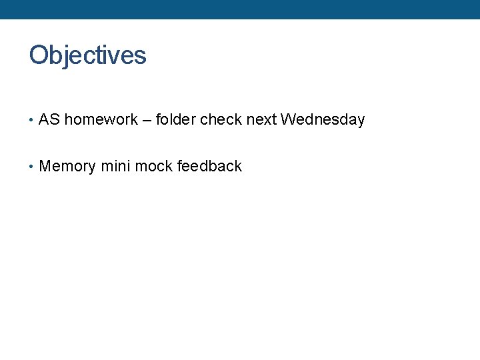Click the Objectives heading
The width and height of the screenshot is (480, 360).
(x=87, y=55)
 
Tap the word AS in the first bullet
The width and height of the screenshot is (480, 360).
(x=49, y=120)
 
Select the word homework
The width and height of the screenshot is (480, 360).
(x=101, y=120)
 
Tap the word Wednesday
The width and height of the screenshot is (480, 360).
(x=323, y=120)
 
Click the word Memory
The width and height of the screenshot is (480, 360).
(x=67, y=167)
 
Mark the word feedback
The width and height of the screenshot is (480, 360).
(x=209, y=167)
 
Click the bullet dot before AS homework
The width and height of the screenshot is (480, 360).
(x=31, y=121)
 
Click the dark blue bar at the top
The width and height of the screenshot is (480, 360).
(x=240, y=9)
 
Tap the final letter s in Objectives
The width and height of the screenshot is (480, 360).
(x=141, y=56)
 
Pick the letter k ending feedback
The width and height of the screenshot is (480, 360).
(x=238, y=167)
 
